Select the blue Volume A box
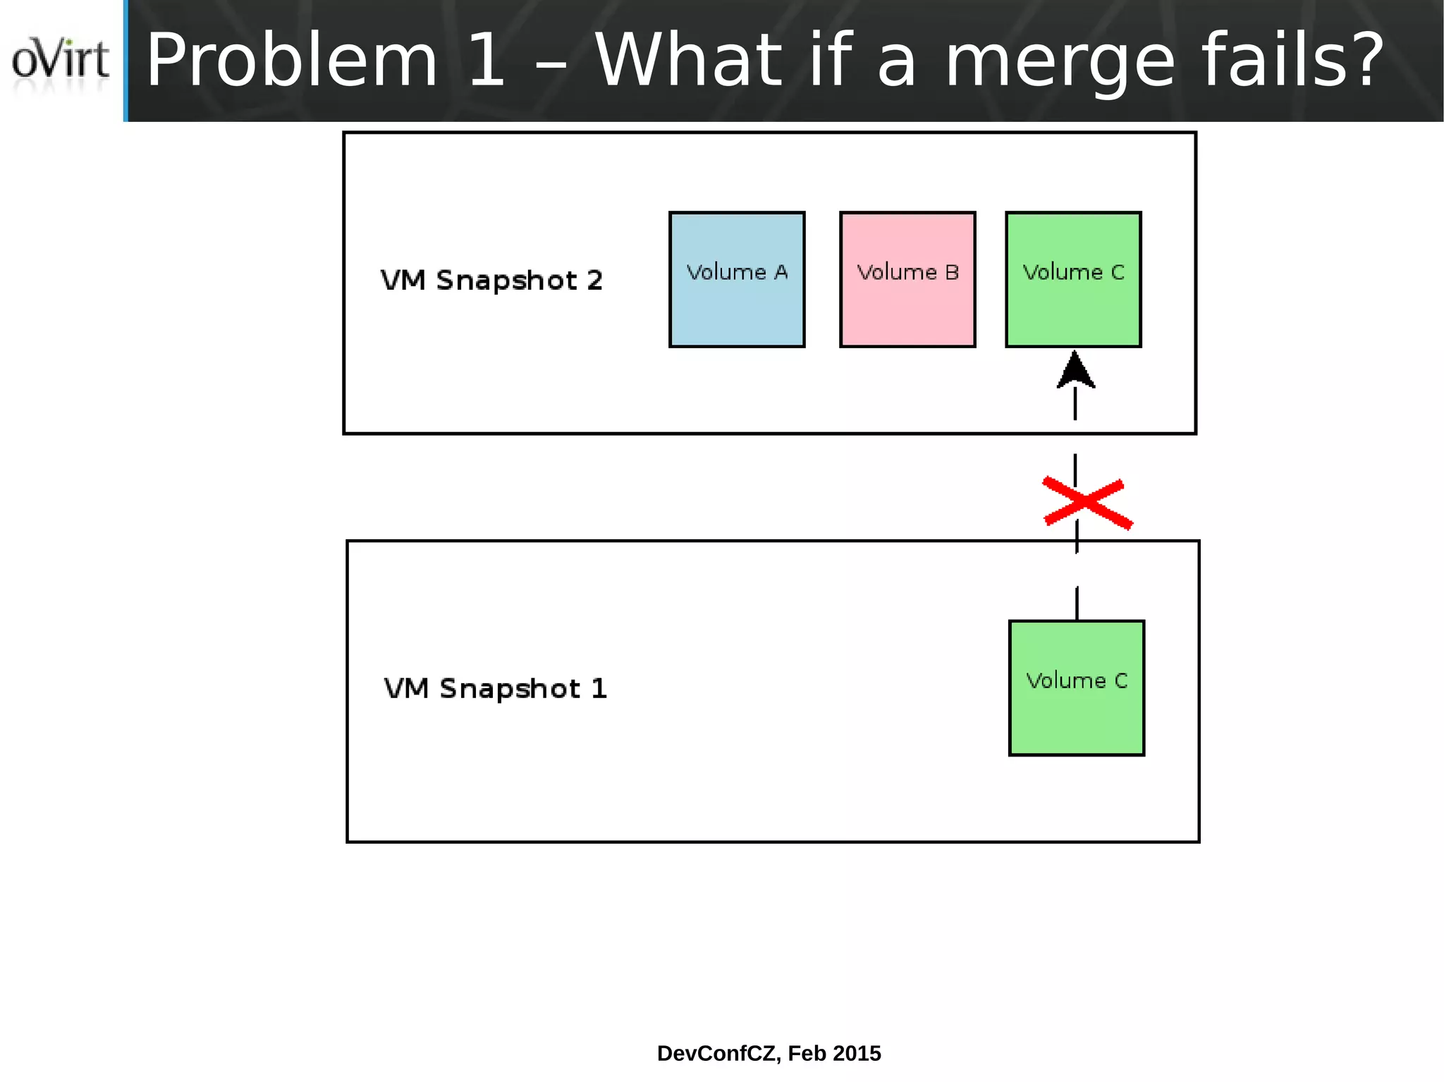[x=737, y=279]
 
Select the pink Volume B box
[x=907, y=279]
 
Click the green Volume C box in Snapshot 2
[x=1073, y=279]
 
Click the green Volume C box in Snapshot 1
[x=1077, y=688]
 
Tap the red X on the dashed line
[x=1087, y=503]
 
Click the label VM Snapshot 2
[x=491, y=281]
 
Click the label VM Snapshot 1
[x=495, y=689]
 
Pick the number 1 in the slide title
[x=486, y=62]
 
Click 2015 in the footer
[x=857, y=1053]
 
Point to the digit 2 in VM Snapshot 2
[x=594, y=281]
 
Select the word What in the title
[x=688, y=62]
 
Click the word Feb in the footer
[x=805, y=1053]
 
